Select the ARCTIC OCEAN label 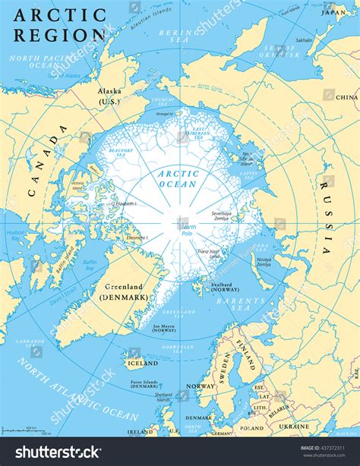pos(178,178)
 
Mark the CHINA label pos(346,98)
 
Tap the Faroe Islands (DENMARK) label pos(144,383)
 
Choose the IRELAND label pos(140,431)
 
